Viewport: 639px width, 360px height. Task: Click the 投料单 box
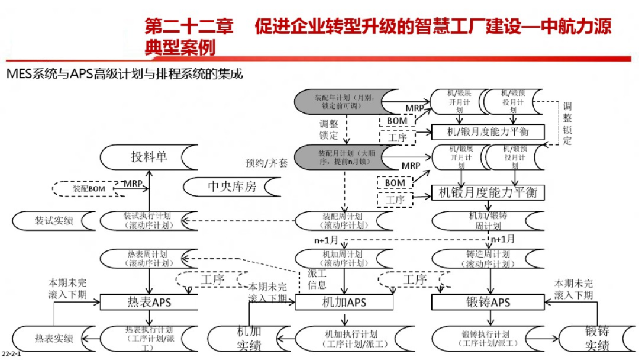point(149,157)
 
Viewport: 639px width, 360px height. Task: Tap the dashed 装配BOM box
point(89,188)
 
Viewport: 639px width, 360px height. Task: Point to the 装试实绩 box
point(54,221)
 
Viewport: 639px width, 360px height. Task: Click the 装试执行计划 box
point(147,221)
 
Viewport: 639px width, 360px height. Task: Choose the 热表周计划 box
point(147,258)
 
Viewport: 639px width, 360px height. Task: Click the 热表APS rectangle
point(149,302)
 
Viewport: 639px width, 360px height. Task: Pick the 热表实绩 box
point(54,339)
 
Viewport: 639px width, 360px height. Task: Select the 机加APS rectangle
point(344,302)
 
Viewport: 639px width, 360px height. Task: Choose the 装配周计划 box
point(343,221)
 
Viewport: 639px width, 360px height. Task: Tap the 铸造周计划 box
point(480,258)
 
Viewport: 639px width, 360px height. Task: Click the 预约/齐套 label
point(266,163)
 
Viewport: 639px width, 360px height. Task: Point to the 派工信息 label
point(317,279)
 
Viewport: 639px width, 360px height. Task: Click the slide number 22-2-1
point(11,353)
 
